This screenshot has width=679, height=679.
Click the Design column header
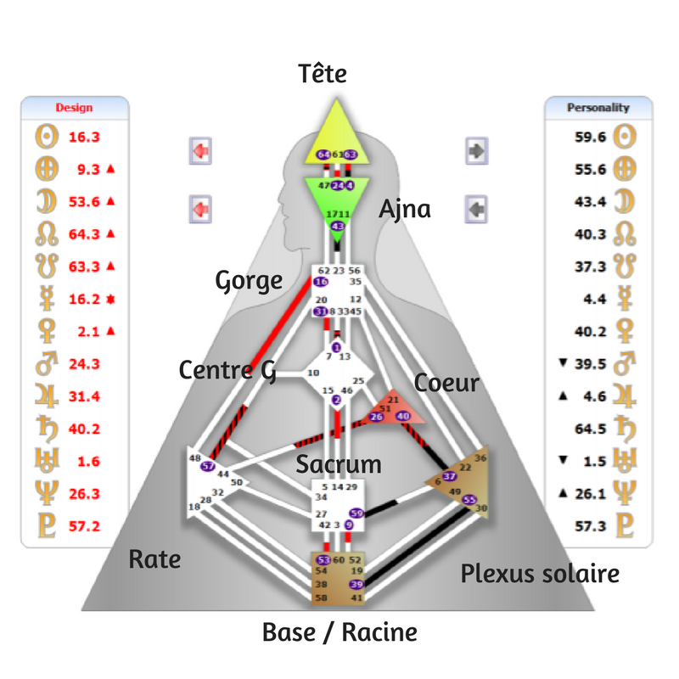pyautogui.click(x=74, y=108)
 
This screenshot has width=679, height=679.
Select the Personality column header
pyautogui.click(x=598, y=108)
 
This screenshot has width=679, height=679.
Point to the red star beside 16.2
pyautogui.click(x=110, y=300)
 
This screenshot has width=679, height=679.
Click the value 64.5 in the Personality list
pyautogui.click(x=589, y=429)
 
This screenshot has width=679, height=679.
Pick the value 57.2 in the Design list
pyautogui.click(x=84, y=525)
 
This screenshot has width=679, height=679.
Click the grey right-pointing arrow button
pyautogui.click(x=477, y=152)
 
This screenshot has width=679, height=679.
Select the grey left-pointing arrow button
pyautogui.click(x=477, y=208)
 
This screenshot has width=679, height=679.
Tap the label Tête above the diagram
pyautogui.click(x=323, y=74)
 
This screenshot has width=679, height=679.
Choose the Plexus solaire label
pyautogui.click(x=540, y=574)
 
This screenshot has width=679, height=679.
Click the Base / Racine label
pyautogui.click(x=339, y=632)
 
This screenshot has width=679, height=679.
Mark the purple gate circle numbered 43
pyautogui.click(x=338, y=226)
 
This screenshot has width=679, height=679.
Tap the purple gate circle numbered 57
pyautogui.click(x=206, y=467)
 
